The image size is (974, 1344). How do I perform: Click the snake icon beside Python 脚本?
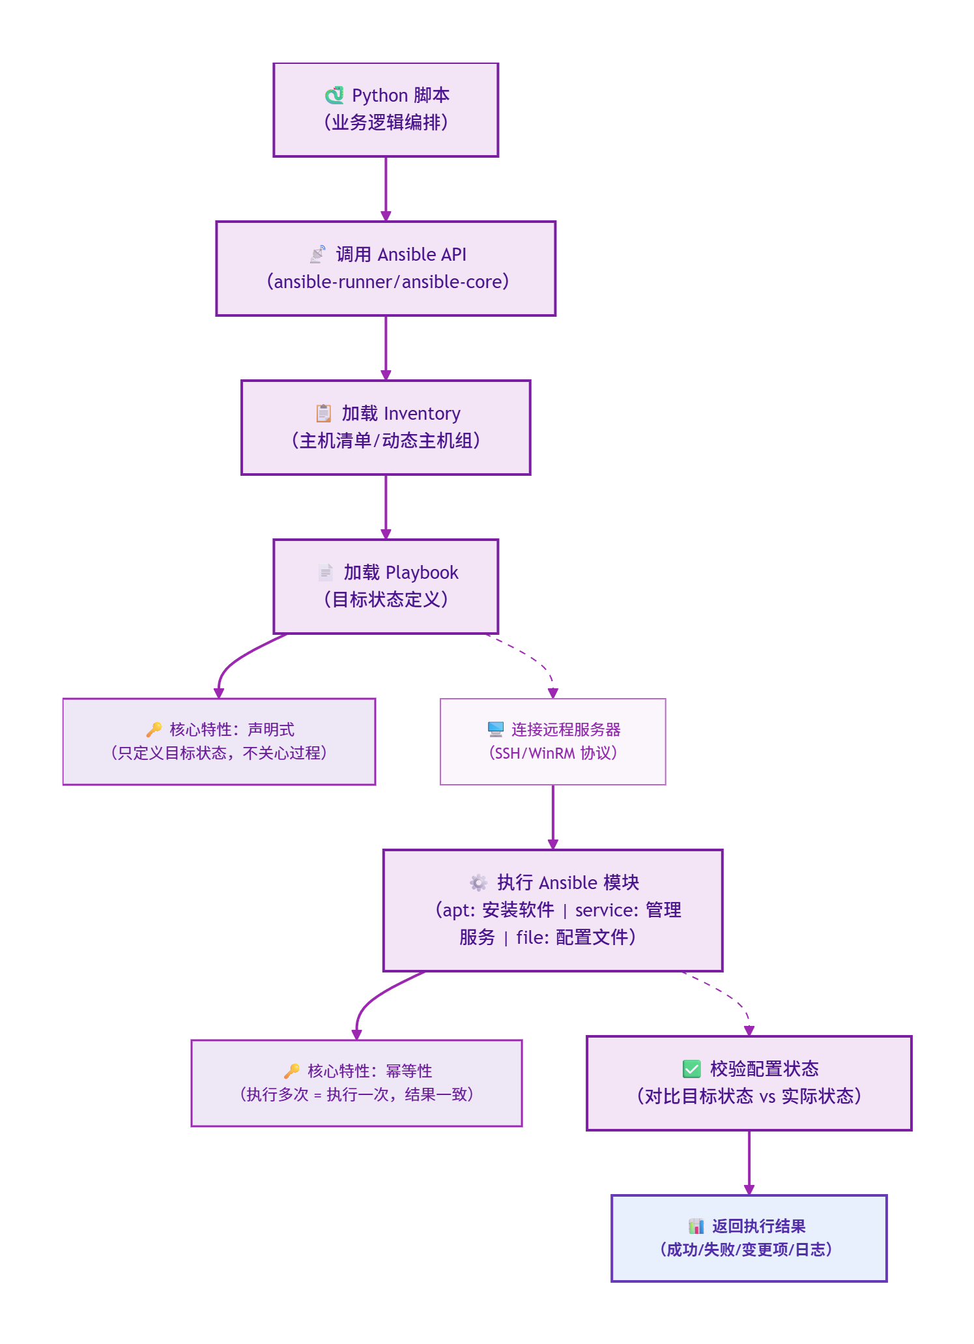(x=334, y=95)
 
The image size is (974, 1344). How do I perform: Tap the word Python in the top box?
(x=380, y=96)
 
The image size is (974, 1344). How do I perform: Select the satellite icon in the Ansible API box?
(x=318, y=254)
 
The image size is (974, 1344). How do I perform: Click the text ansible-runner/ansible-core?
(x=388, y=282)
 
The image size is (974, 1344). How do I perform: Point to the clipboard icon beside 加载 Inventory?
(x=323, y=413)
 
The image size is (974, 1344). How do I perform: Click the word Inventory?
(x=422, y=414)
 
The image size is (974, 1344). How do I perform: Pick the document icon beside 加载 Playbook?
(x=325, y=572)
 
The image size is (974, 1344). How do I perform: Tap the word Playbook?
(x=422, y=573)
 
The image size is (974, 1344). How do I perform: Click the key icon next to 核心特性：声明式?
(x=154, y=729)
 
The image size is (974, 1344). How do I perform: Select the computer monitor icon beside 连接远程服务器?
(x=496, y=729)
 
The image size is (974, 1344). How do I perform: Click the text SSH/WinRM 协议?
(x=552, y=753)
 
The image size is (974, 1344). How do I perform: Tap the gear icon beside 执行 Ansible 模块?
(x=479, y=883)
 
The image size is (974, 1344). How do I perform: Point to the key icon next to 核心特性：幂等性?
(x=292, y=1071)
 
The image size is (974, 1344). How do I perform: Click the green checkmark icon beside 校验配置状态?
(x=691, y=1069)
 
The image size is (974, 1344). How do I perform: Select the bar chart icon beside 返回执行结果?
(x=696, y=1226)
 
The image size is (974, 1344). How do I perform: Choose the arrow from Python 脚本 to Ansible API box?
(x=386, y=189)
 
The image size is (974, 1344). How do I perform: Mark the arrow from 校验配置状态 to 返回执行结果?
(x=749, y=1161)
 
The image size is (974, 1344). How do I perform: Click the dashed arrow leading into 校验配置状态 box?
(x=726, y=993)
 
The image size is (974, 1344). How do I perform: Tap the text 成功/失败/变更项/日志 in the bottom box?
(x=747, y=1249)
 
